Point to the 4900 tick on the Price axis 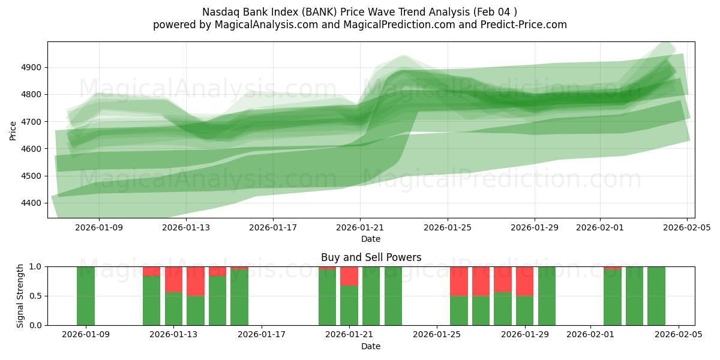(x=29, y=68)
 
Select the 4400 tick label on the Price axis (x=29, y=203)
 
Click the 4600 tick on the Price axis (x=29, y=149)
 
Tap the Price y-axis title (x=13, y=130)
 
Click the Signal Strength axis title (x=20, y=295)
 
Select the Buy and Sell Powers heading (x=371, y=257)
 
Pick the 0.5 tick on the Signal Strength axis (x=35, y=296)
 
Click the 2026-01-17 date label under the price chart (x=273, y=227)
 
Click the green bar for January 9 (x=86, y=296)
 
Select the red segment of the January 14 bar (x=196, y=281)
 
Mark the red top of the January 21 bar (x=349, y=276)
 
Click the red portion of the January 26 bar (x=481, y=281)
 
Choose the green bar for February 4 (x=656, y=296)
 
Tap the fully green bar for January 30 (x=547, y=296)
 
